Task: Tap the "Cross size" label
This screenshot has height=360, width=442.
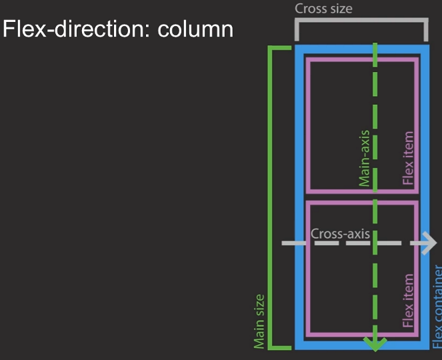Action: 324,9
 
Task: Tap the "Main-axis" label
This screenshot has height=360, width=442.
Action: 364,158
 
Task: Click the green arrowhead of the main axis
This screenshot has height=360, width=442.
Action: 376,343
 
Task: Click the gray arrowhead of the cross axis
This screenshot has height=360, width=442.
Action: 427,243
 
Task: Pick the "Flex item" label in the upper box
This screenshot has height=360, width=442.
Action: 409,157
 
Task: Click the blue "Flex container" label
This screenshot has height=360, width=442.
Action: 437,306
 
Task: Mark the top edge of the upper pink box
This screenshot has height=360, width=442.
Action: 362,59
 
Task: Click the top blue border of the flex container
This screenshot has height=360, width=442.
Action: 362,50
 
